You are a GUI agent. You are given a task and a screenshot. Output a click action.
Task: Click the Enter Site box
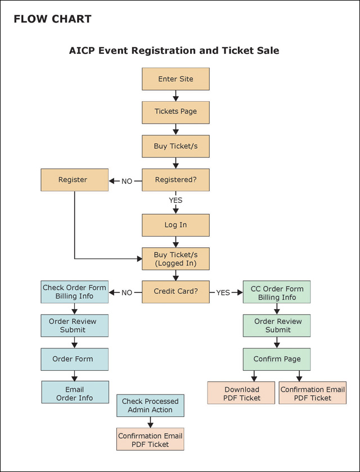pos(175,79)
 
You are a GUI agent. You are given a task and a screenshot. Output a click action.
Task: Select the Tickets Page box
pos(175,112)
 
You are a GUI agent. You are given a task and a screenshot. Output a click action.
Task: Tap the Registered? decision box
pos(175,180)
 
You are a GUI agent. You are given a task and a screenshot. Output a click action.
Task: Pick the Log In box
pos(175,225)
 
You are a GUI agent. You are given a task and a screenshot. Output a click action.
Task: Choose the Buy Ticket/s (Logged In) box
pos(175,259)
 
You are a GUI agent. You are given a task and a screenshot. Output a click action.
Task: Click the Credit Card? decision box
pos(175,292)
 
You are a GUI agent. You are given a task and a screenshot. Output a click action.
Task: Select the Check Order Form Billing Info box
pos(74,292)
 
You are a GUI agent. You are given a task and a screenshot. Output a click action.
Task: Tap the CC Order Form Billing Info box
pos(277,293)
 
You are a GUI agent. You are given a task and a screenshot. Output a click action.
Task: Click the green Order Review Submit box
pos(277,325)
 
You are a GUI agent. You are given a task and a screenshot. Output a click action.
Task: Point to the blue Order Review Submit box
pos(74,325)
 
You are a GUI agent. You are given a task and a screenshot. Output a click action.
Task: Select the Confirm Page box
pos(277,359)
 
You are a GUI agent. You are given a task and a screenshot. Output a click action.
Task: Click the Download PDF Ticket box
pos(242,393)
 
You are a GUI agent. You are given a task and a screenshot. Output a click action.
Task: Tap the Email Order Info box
pos(75,393)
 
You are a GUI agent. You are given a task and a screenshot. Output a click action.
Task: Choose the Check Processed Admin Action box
pos(150,405)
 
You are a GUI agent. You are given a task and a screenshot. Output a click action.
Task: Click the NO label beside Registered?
pos(127,181)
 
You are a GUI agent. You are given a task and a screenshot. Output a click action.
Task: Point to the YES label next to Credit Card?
pos(223,293)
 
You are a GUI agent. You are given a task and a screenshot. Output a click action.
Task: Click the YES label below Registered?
pos(175,200)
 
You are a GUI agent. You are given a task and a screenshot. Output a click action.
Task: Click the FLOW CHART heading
pos(52,19)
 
